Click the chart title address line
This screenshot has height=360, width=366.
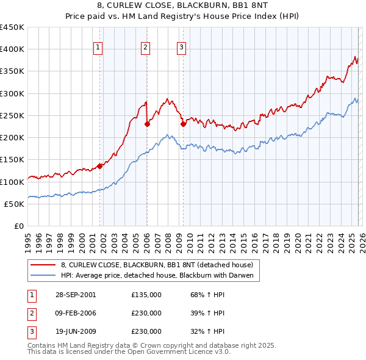182,7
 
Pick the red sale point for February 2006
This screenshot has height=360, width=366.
147,124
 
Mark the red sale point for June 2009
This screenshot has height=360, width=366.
183,124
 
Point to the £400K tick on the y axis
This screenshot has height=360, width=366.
12,49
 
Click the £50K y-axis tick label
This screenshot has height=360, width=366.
15,204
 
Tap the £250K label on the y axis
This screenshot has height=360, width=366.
12,115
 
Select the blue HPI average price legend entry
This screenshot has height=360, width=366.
160,276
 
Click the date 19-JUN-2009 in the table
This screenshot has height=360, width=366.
75,331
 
